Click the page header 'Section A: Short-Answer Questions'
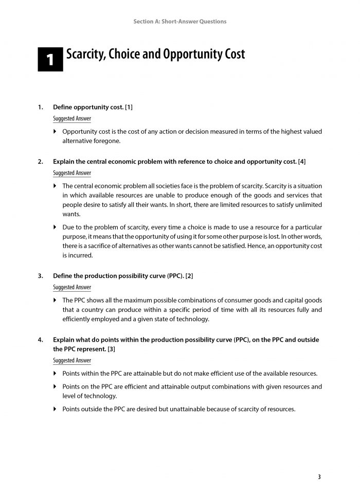tap(180, 22)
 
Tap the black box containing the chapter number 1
tap(50, 60)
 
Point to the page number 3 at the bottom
tap(319, 477)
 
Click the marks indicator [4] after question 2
tap(302, 162)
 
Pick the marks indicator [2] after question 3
tap(189, 276)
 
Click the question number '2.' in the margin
tap(41, 162)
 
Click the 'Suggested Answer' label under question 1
tap(72, 118)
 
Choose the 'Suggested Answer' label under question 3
tap(72, 288)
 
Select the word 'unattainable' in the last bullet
tap(191, 409)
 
